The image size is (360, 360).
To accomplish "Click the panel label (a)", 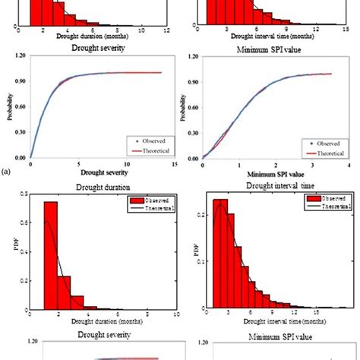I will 7,173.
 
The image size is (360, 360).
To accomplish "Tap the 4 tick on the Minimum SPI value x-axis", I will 348,165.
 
